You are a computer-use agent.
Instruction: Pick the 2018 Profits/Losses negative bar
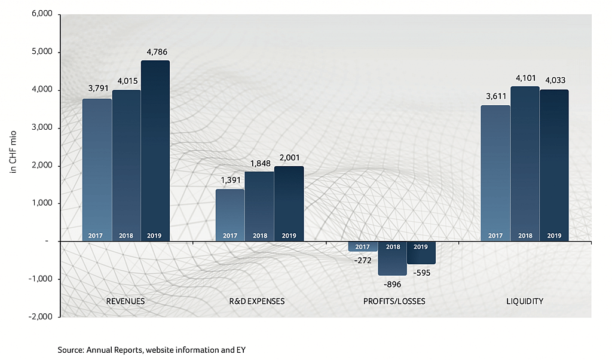click(392, 258)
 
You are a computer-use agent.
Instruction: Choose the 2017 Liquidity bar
click(495, 173)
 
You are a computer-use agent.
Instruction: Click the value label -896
click(392, 284)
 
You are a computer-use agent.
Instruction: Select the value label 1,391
click(230, 180)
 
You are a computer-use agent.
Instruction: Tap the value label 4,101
click(525, 78)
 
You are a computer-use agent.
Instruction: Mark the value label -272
click(362, 261)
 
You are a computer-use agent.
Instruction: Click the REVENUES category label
click(126, 301)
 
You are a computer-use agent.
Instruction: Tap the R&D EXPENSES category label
click(259, 301)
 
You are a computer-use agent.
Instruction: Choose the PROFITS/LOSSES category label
click(394, 301)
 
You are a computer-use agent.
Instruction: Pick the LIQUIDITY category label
click(524, 301)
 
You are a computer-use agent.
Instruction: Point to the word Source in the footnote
click(71, 350)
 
